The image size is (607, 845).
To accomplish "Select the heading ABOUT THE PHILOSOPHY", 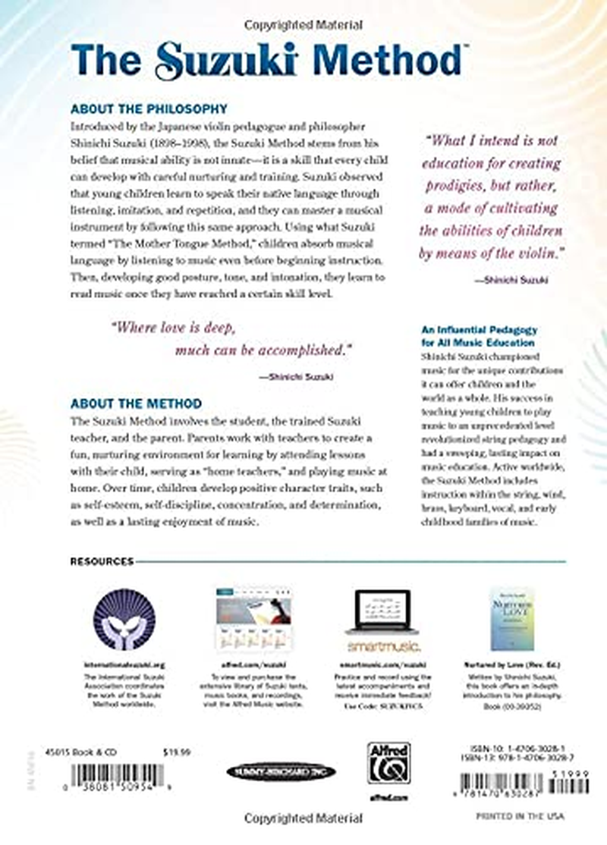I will tap(149, 108).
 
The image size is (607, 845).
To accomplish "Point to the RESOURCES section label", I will tap(102, 561).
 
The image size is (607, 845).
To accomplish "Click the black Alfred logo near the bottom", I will tap(389, 762).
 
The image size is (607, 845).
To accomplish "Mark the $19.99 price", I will tap(175, 752).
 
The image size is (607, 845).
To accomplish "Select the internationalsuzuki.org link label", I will tap(123, 662).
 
